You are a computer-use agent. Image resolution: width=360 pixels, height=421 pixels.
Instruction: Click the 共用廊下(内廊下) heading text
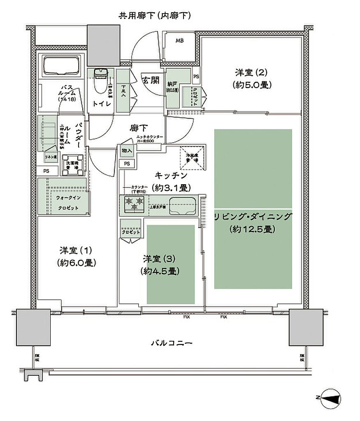pos(155,16)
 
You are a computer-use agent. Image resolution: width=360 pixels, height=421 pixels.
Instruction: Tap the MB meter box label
pos(180,40)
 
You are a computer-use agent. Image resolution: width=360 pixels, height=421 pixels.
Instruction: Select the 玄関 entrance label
pos(151,80)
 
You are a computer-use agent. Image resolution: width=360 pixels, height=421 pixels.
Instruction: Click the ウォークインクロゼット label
pos(68,203)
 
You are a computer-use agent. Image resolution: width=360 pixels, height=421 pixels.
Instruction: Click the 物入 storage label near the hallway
pos(127,151)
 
